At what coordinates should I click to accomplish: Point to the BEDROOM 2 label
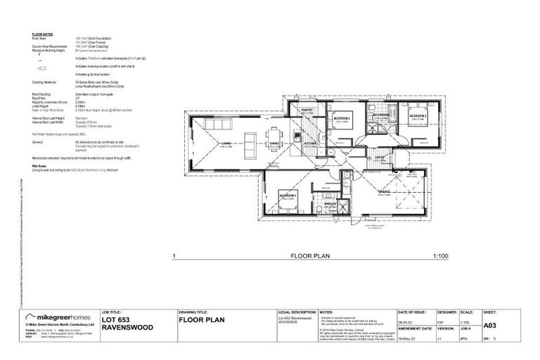[342, 118]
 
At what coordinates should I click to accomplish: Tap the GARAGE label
[385, 192]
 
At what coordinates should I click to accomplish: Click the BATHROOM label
[382, 115]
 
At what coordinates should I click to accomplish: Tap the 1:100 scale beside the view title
[441, 257]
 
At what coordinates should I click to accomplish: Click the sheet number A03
[490, 326]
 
